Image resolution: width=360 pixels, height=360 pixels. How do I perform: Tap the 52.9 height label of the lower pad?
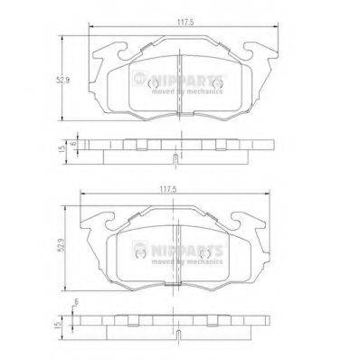[62, 245]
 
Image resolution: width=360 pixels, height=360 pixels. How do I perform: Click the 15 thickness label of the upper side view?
[62, 148]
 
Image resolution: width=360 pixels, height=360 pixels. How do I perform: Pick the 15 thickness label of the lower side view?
[58, 324]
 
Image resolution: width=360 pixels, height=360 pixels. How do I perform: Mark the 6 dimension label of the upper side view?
[72, 144]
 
